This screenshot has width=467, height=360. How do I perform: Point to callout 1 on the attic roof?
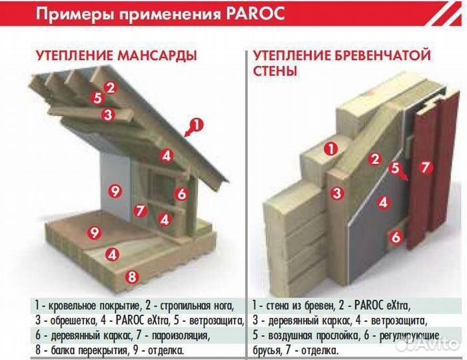[x=195, y=124]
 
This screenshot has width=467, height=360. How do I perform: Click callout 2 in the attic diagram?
[x=111, y=87]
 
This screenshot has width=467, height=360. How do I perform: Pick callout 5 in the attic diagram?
[x=98, y=99]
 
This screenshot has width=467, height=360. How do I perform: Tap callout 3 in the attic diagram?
[x=107, y=114]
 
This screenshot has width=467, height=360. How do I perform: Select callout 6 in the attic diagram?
[x=181, y=194]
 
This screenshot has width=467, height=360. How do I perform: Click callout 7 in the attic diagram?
[x=139, y=211]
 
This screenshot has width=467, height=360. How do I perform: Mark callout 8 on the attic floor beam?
[x=132, y=275]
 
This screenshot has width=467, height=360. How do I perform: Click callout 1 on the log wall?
[x=328, y=149]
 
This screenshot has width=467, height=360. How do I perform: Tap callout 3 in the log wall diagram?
[x=338, y=193]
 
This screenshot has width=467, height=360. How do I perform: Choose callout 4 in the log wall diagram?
[x=382, y=202]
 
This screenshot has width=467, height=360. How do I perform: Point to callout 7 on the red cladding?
[x=424, y=167]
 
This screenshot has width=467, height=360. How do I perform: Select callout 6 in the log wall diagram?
[x=394, y=235]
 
